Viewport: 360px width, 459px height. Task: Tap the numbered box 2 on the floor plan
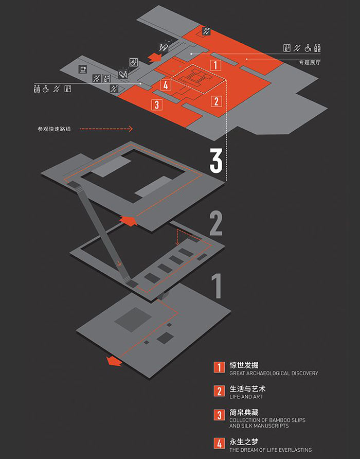(x=217, y=101)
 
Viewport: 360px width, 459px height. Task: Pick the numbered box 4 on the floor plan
(x=165, y=85)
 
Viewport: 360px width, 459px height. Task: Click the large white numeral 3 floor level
(x=216, y=161)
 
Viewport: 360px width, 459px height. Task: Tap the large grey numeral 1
(x=217, y=286)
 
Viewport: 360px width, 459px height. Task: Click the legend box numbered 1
(x=220, y=367)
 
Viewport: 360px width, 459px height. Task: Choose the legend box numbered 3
(x=220, y=415)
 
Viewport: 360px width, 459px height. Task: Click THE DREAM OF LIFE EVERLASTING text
(x=271, y=450)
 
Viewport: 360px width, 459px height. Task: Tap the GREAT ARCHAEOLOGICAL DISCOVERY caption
(x=274, y=374)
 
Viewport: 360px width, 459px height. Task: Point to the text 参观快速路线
(x=54, y=129)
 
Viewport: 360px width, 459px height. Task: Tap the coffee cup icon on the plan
(x=82, y=68)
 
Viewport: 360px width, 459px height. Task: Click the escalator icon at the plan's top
(x=206, y=31)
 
